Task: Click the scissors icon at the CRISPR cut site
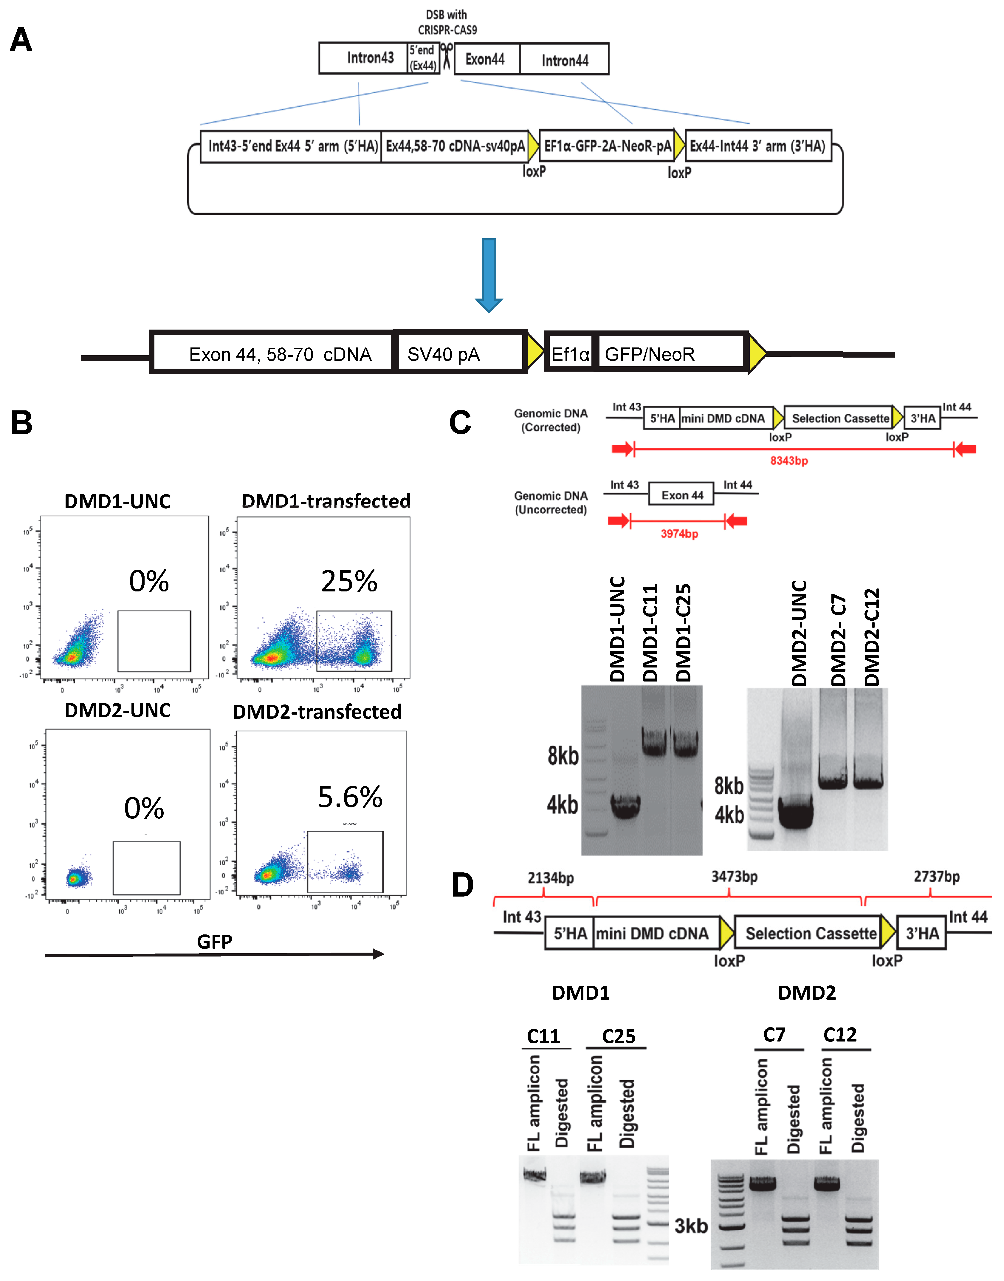click(447, 56)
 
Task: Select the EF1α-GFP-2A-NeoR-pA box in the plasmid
click(607, 146)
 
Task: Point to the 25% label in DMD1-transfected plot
click(349, 581)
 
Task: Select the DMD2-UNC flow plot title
click(117, 710)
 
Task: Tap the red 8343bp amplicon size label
click(789, 461)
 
